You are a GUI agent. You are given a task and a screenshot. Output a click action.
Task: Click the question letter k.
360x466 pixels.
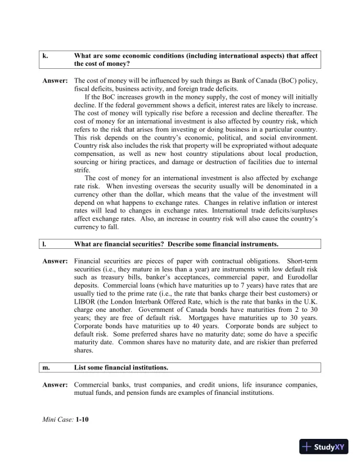pos(45,56)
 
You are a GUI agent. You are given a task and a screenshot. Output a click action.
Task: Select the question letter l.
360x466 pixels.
pos(44,244)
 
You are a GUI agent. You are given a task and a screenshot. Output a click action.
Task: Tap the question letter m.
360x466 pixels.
pos(46,368)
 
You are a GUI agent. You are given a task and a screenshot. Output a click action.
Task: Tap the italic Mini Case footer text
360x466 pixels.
pos(58,421)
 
